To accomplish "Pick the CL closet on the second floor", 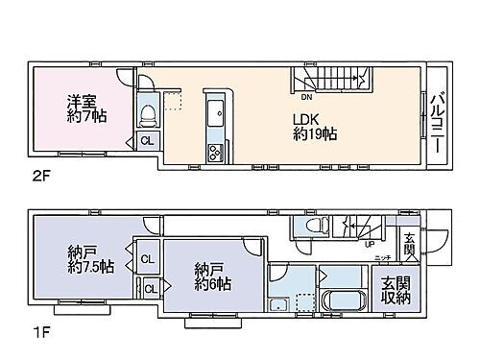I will tap(147, 141).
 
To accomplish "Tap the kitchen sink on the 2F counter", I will tap(214, 107).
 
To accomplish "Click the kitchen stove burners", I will tap(214, 150).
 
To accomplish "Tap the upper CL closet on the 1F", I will tap(148, 258).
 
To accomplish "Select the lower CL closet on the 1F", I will tap(150, 286).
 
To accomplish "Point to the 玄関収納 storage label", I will tap(395, 291).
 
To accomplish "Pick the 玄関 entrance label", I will tap(409, 244).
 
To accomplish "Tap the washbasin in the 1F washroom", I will tap(278, 305).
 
